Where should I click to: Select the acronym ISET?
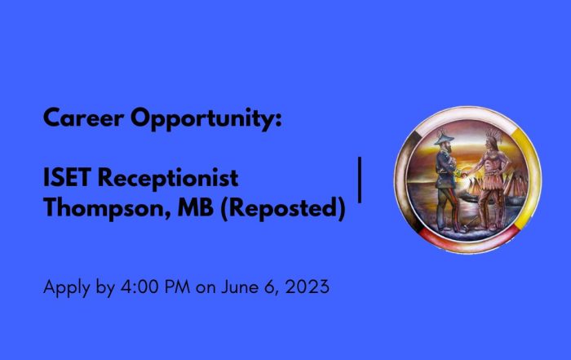click(66, 177)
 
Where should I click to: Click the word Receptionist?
click(168, 179)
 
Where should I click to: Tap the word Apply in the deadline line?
click(67, 287)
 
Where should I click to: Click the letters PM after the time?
click(177, 287)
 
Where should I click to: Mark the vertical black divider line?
click(360, 180)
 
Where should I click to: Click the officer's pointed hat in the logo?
click(444, 138)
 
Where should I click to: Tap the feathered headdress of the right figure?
click(494, 136)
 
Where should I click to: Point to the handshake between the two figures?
click(464, 174)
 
